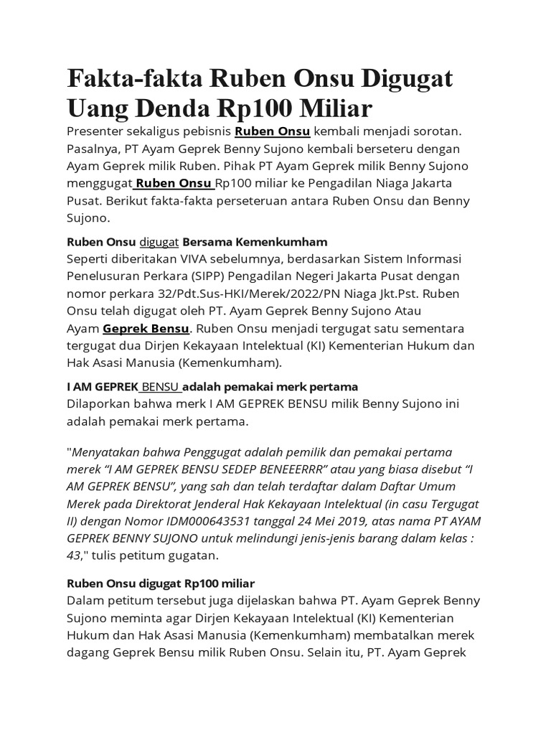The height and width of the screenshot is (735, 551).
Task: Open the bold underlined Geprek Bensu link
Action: (x=146, y=328)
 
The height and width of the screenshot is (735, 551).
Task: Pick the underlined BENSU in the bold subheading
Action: (x=161, y=387)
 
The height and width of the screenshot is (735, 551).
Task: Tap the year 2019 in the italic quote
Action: (x=366, y=520)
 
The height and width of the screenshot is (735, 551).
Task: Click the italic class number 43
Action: (x=74, y=555)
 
